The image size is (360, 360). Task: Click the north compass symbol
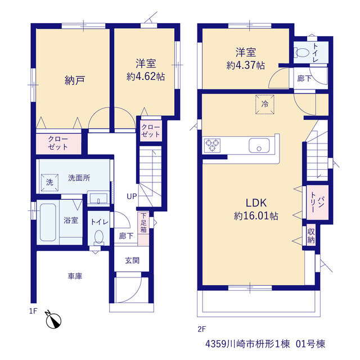53,320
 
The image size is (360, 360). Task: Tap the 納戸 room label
75,80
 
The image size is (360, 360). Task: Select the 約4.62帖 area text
146,76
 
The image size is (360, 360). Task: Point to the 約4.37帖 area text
245,65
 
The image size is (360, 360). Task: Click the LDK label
256,203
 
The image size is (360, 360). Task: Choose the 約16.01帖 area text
256,216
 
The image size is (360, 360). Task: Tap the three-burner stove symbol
213,146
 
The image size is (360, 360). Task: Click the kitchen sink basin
259,145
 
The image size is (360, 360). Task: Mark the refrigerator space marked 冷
265,104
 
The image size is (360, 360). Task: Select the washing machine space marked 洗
49,182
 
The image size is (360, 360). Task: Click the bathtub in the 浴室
48,222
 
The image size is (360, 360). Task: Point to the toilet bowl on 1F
99,237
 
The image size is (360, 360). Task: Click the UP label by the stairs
132,196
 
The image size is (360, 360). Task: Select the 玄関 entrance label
132,260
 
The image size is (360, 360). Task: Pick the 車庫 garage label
75,276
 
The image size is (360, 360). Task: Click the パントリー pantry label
317,202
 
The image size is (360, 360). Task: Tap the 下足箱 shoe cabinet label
143,223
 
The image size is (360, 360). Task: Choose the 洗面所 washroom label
79,178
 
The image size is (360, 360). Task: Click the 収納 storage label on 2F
311,236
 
